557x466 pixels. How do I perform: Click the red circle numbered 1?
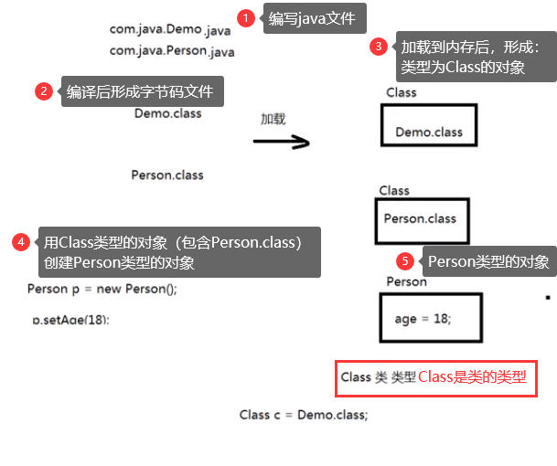tap(244, 17)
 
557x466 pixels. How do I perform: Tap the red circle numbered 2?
tap(42, 91)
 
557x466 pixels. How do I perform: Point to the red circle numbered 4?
tap(20, 242)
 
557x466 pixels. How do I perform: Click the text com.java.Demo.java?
tap(170, 29)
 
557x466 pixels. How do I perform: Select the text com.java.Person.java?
tap(172, 52)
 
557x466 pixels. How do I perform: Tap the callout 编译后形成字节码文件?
tap(143, 91)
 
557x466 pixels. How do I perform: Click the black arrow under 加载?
tap(281, 142)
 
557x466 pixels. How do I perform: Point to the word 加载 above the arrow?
tap(273, 119)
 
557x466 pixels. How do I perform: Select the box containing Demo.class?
tap(428, 126)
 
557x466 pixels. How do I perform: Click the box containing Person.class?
tap(421, 220)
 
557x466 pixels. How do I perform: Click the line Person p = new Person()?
tap(102, 290)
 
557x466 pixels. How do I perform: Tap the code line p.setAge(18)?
tap(77, 320)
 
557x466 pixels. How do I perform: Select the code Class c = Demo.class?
tap(304, 414)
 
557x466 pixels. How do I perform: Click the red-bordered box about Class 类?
tap(435, 377)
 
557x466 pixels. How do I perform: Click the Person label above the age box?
tap(406, 281)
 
